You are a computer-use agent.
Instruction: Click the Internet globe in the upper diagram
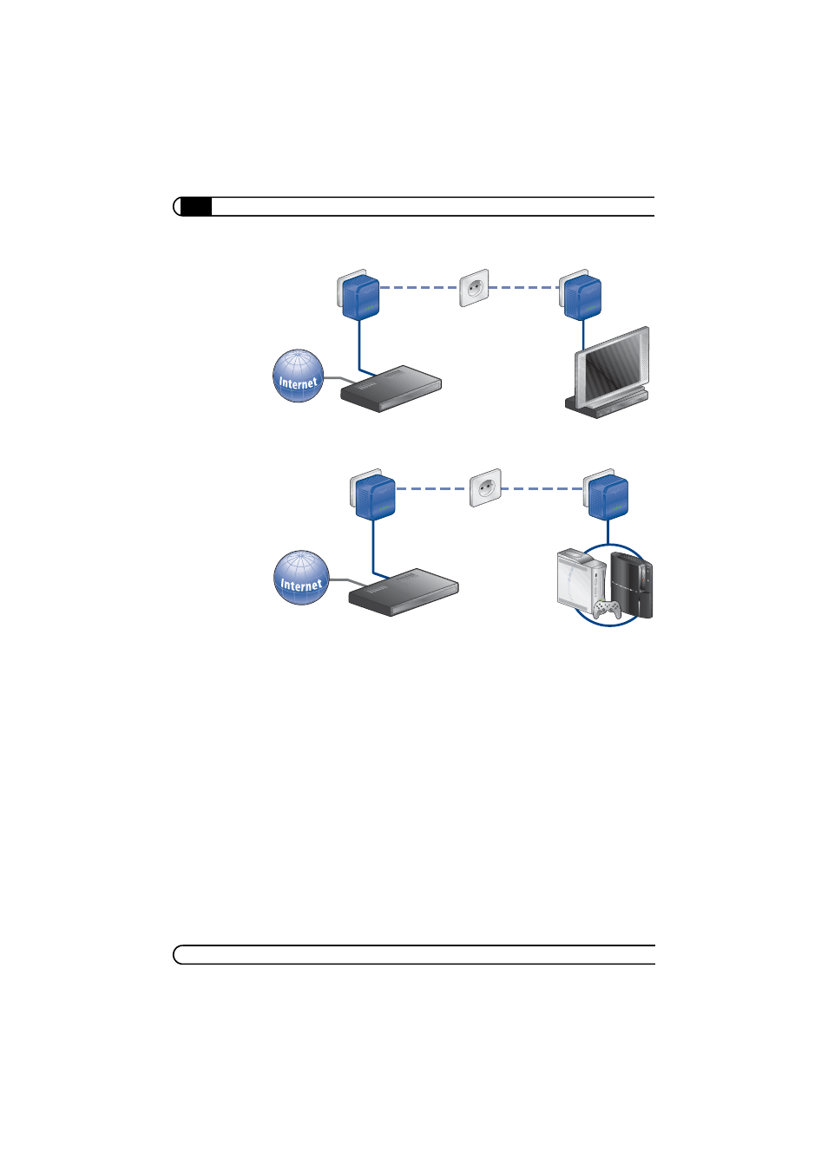click(x=298, y=376)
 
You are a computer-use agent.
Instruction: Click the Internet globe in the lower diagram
click(x=301, y=578)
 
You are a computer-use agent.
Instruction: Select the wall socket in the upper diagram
click(x=474, y=288)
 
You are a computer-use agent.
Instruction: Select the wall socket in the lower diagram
click(x=485, y=488)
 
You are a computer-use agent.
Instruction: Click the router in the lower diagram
click(x=403, y=592)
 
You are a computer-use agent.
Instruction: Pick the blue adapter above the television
click(x=582, y=298)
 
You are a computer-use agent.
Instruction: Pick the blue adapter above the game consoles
click(x=608, y=497)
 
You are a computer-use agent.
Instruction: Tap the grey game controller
click(x=607, y=609)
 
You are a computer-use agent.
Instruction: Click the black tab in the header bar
click(x=196, y=206)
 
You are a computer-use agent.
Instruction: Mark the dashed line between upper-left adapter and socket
click(x=418, y=287)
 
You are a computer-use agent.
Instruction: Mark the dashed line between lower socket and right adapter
click(x=542, y=488)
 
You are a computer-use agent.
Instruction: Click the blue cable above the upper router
click(x=359, y=345)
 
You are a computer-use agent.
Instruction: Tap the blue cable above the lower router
click(x=373, y=546)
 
